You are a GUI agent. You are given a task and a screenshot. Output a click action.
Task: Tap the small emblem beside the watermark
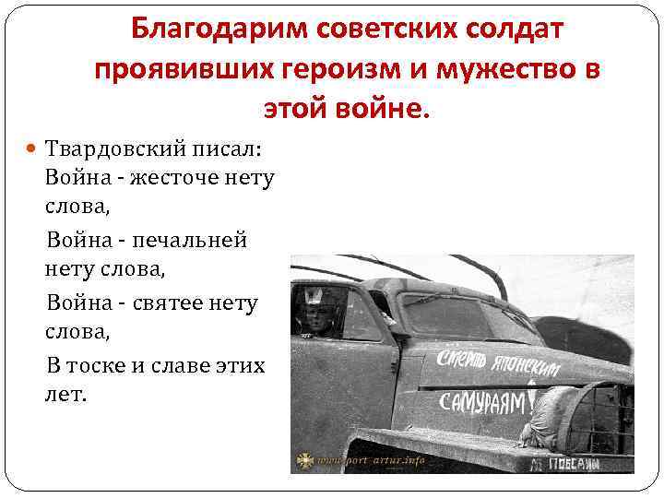(303, 460)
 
